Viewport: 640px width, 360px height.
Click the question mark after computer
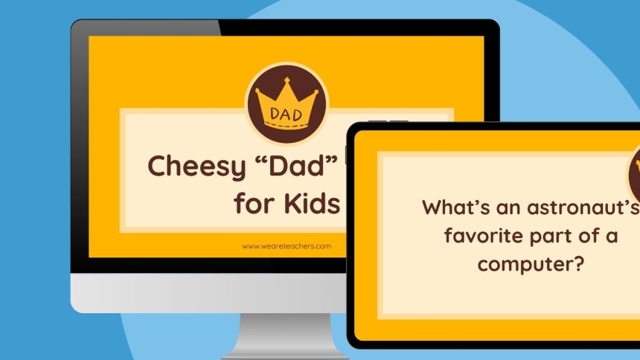tap(576, 263)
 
